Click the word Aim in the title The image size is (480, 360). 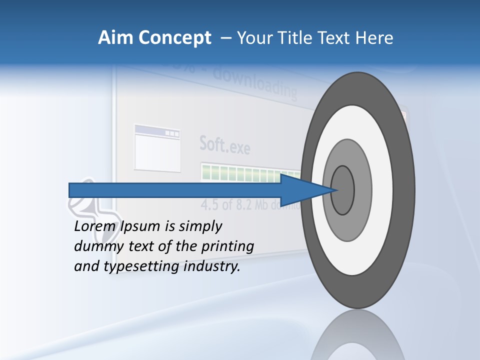tap(116, 38)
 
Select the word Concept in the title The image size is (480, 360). tap(175, 38)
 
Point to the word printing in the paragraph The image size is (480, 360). tap(227, 246)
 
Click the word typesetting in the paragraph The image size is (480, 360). tap(141, 266)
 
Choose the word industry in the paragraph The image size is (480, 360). tap(212, 266)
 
